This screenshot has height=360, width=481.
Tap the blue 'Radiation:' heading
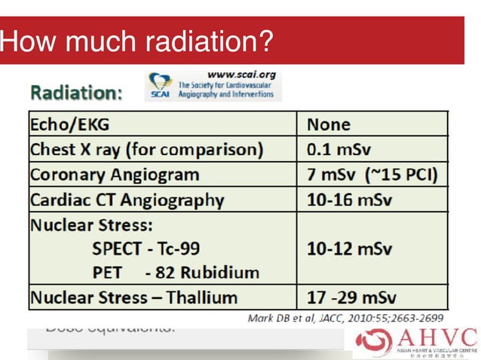pos(76,93)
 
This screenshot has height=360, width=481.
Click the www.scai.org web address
pos(240,75)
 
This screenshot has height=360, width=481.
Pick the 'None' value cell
pos(329,124)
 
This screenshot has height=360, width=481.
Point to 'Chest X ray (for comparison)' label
pos(146,149)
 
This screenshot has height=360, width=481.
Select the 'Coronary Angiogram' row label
pos(115,175)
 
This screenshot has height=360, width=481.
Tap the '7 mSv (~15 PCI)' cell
pos(372,175)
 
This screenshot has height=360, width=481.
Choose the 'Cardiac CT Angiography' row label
pos(127,200)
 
